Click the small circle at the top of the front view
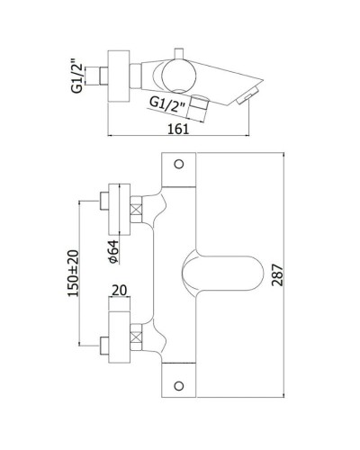pyautogui.click(x=178, y=164)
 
